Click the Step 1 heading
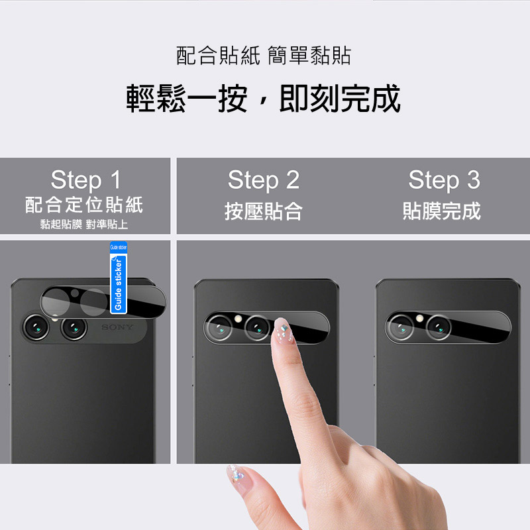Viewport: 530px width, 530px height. pos(86,180)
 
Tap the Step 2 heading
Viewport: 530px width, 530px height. pos(264,180)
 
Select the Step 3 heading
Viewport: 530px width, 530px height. pos(444,180)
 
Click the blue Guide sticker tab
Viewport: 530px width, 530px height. pos(119,278)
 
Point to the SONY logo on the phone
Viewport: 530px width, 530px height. pos(118,327)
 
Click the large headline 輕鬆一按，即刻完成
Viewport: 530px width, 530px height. pos(263,98)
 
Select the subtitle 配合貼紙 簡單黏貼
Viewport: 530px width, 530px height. pos(264,56)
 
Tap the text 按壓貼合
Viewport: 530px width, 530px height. pos(264,211)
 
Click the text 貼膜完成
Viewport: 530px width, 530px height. pos(442,211)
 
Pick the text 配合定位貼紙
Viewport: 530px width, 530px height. pos(84,205)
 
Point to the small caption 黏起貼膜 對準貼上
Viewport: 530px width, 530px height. pos(84,224)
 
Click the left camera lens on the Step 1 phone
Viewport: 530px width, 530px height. pos(36,327)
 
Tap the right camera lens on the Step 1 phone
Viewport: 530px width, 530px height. pos(74,328)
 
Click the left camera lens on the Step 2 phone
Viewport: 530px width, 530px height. pos(219,327)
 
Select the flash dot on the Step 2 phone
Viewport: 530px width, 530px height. pos(238,319)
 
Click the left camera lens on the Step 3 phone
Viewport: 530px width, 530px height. pos(401,327)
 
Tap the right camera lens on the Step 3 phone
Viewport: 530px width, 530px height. pos(439,327)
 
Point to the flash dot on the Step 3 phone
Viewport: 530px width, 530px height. pos(420,318)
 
